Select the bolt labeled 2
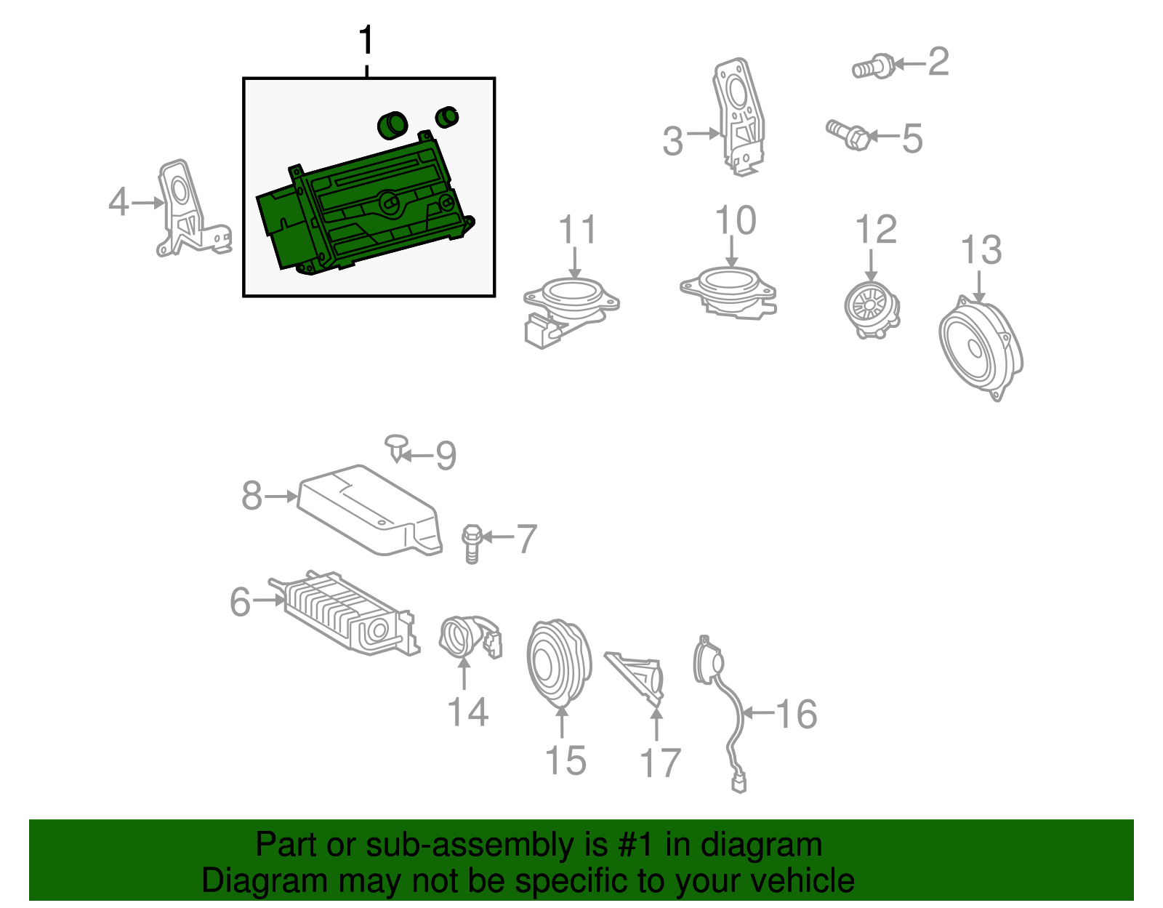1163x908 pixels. click(874, 68)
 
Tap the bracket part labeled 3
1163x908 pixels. click(739, 116)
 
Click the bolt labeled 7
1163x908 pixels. click(472, 544)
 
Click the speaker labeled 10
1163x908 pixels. click(728, 292)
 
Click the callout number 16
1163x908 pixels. click(797, 714)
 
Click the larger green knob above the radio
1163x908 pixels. click(393, 126)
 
